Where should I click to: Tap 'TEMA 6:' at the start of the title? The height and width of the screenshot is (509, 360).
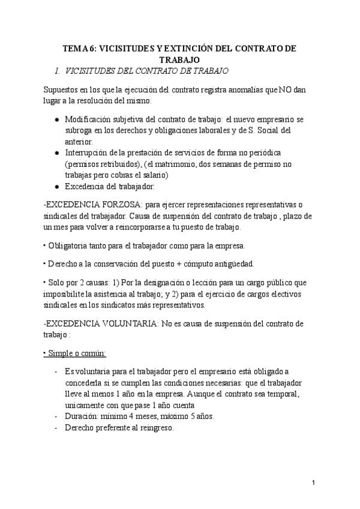click(79, 49)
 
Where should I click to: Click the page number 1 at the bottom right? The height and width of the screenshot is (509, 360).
click(314, 483)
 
